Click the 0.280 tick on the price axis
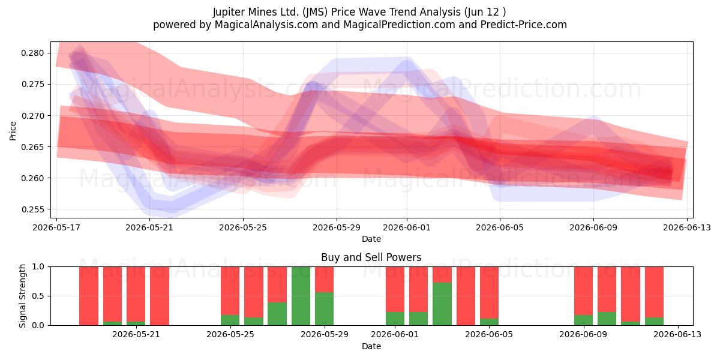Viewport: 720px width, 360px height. (32, 53)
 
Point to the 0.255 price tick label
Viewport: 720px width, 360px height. (32, 209)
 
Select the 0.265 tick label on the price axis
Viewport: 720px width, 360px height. (32, 147)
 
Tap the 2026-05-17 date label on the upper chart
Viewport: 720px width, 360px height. (56, 227)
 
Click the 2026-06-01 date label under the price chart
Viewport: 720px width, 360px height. (407, 227)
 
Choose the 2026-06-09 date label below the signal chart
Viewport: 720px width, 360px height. (583, 334)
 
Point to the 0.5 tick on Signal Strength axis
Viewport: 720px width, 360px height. (38, 296)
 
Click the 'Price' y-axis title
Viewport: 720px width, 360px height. (13, 131)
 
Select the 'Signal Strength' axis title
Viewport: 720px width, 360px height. (22, 296)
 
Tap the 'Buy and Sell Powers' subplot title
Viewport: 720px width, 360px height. (371, 257)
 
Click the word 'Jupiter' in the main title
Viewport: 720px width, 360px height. (229, 12)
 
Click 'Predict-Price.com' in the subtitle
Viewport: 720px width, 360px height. (524, 25)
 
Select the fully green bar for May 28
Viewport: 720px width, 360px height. (301, 296)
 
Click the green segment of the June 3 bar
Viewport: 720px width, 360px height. (442, 304)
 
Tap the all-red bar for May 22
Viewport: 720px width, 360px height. (160, 296)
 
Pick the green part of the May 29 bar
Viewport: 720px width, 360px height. (325, 309)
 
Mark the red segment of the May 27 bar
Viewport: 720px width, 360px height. (277, 284)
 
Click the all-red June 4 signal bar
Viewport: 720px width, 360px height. (466, 296)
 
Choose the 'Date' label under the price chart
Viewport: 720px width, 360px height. (371, 239)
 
